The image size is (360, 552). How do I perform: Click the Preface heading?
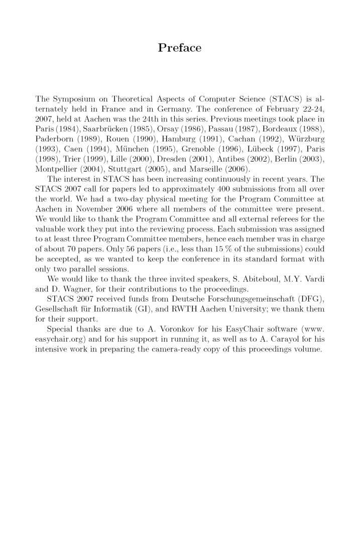[180, 48]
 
